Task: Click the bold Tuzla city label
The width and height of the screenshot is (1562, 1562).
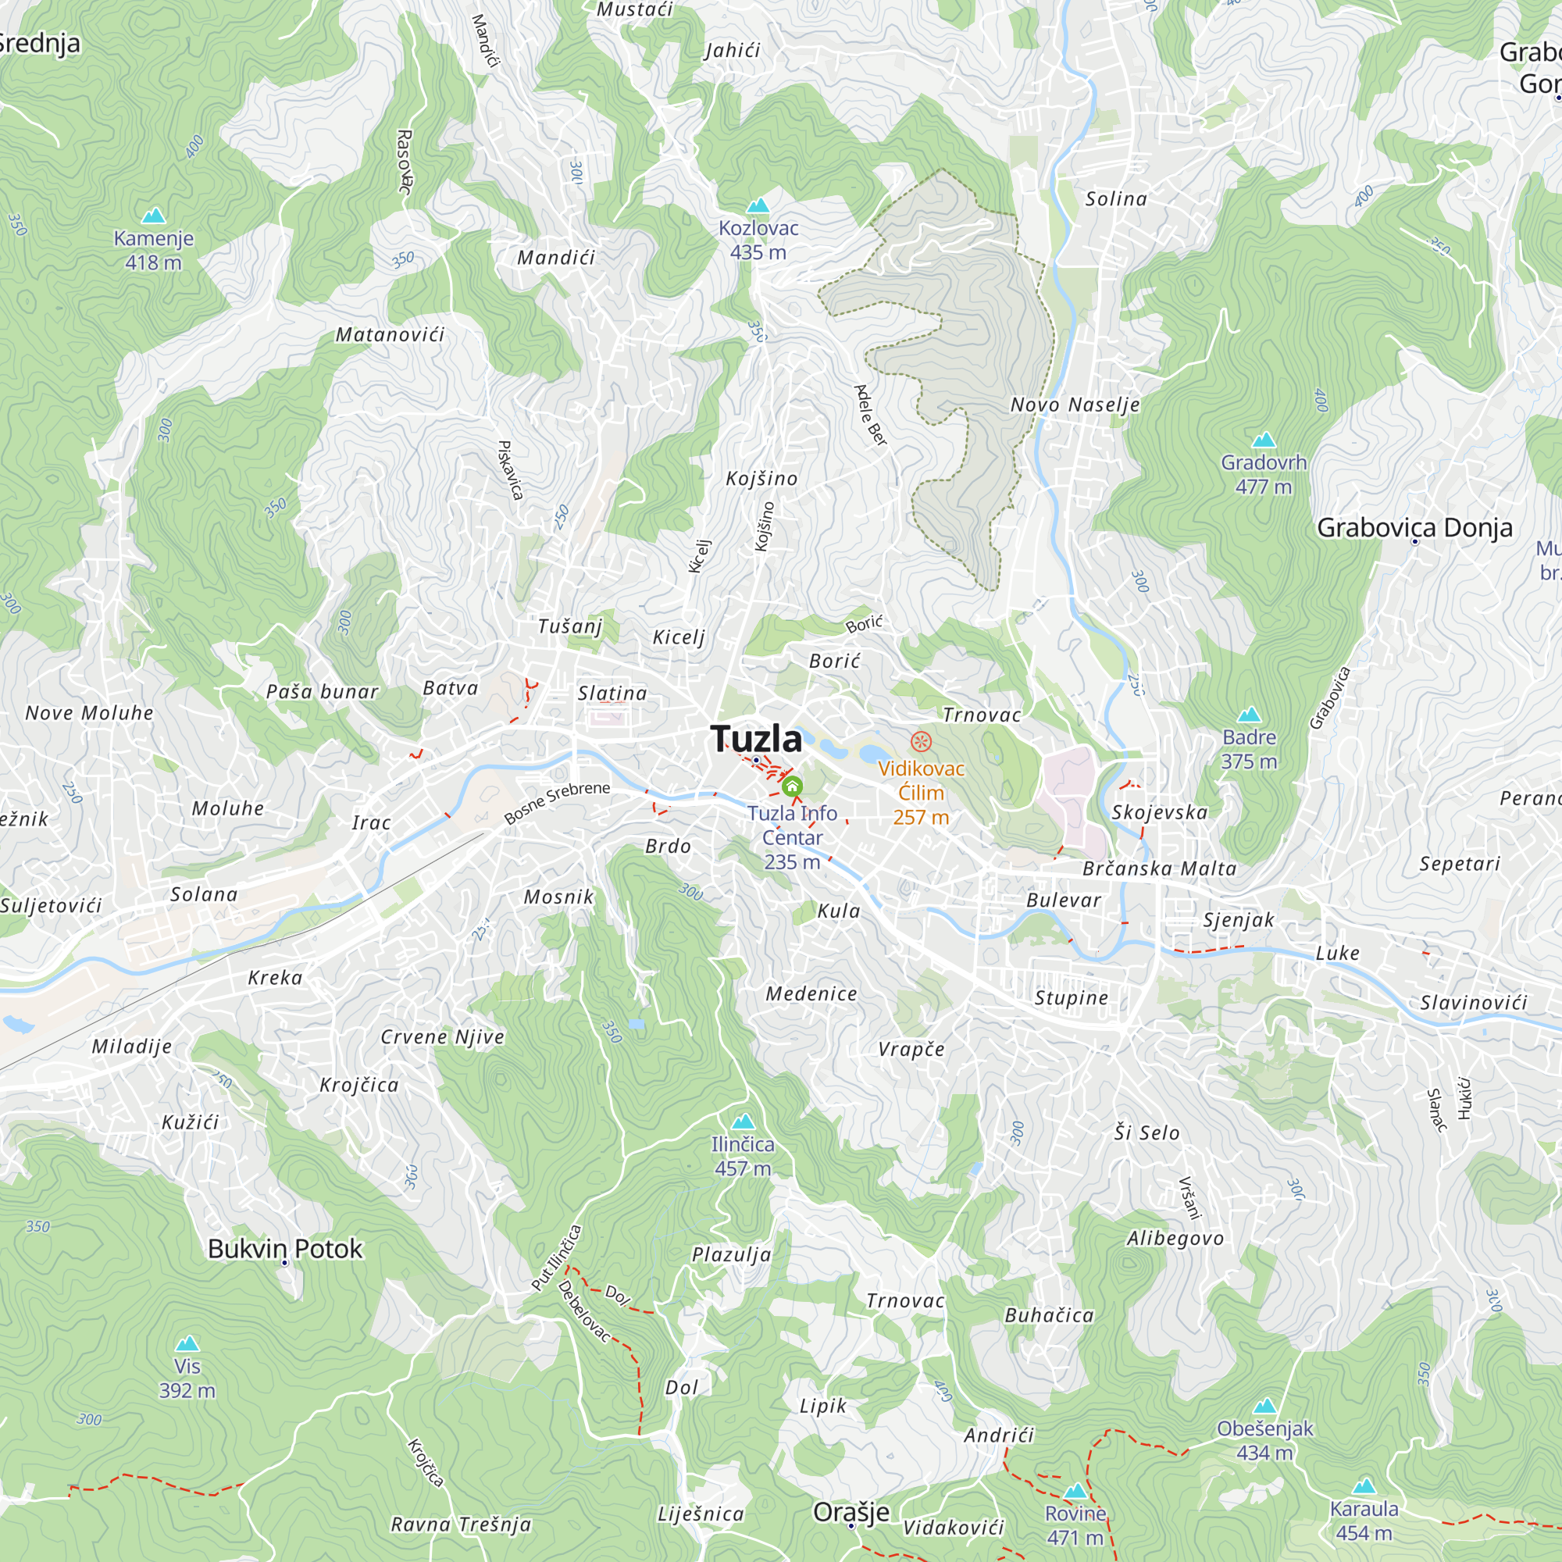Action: (756, 738)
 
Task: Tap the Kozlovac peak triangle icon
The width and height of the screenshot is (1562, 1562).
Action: (758, 206)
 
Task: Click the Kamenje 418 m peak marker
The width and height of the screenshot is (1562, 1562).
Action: (154, 216)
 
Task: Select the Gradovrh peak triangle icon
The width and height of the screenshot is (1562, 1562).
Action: (1264, 440)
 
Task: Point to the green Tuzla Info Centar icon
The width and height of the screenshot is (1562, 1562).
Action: (792, 786)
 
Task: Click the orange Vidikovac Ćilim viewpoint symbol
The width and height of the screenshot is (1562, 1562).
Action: (920, 740)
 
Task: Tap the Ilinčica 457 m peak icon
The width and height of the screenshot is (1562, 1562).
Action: (743, 1122)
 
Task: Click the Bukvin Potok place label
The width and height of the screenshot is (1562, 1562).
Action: (284, 1249)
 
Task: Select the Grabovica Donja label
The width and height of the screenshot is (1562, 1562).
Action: (1414, 528)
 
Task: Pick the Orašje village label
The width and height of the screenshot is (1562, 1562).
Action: (851, 1512)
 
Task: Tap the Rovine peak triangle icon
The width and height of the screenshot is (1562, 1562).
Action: (1075, 1492)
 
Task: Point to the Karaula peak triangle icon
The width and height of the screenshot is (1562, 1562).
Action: (1364, 1486)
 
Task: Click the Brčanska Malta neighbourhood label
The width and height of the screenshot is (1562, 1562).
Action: (1159, 868)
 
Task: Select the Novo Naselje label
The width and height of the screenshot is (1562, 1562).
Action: (1075, 405)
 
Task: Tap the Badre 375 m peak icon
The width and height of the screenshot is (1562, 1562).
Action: (1249, 715)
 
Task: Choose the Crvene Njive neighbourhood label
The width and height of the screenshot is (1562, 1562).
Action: (442, 1036)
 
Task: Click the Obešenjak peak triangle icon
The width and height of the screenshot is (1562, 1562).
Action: (1264, 1406)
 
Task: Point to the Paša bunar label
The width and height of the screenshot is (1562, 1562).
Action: (322, 691)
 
